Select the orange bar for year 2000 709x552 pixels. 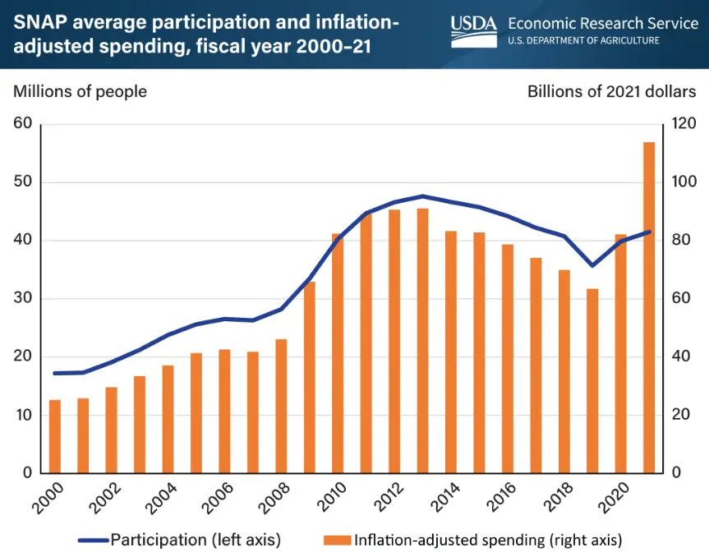(x=55, y=436)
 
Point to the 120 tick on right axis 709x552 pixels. (x=685, y=124)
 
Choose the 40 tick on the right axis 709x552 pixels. (x=682, y=356)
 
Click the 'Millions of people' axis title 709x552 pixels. (x=80, y=91)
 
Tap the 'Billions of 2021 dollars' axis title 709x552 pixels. (x=612, y=91)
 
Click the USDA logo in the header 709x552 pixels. (x=474, y=30)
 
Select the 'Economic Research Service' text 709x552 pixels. (x=603, y=23)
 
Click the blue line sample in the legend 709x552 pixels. (x=93, y=540)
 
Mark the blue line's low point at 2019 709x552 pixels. (x=592, y=265)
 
